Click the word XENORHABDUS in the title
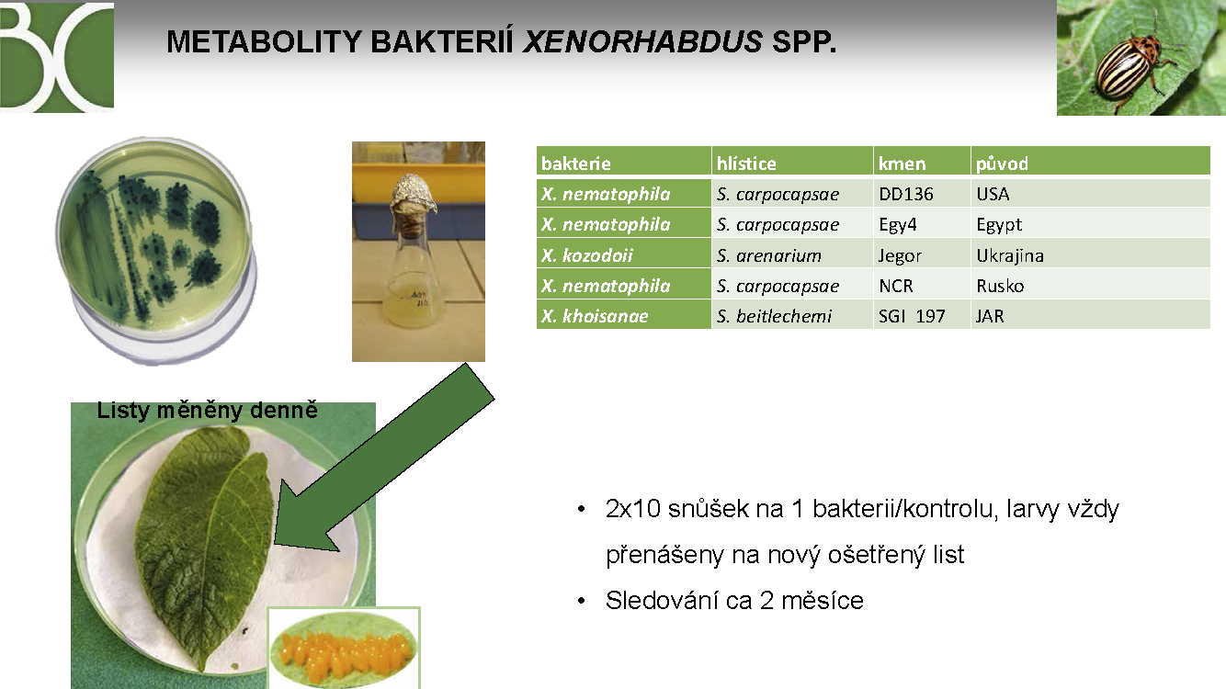(642, 41)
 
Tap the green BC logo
(57, 56)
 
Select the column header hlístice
(746, 164)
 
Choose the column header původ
(1002, 164)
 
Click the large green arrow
(383, 457)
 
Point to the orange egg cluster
(343, 651)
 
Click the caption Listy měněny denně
(207, 410)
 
